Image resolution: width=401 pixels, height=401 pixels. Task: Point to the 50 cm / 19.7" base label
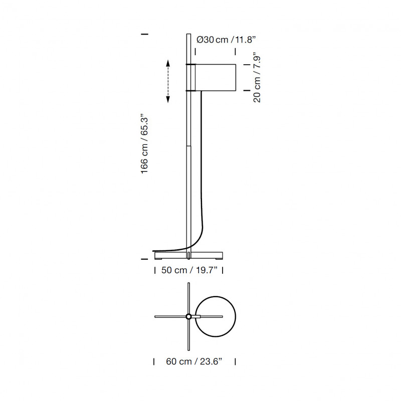(x=188, y=271)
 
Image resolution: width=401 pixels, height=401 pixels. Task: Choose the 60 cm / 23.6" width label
(x=194, y=361)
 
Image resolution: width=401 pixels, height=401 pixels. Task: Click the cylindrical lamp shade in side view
(x=214, y=77)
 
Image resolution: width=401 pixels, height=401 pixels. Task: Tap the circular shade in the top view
(x=215, y=316)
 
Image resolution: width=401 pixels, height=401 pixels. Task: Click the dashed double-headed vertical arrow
(x=168, y=81)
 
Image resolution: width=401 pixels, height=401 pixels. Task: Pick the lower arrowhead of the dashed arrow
(x=168, y=100)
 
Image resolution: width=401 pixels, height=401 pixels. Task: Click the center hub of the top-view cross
(x=188, y=316)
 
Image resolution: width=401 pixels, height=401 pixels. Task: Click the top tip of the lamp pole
(x=188, y=35)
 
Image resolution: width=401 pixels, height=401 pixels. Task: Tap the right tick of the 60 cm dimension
(x=235, y=361)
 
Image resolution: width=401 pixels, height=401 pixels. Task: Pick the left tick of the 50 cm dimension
(x=153, y=271)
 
